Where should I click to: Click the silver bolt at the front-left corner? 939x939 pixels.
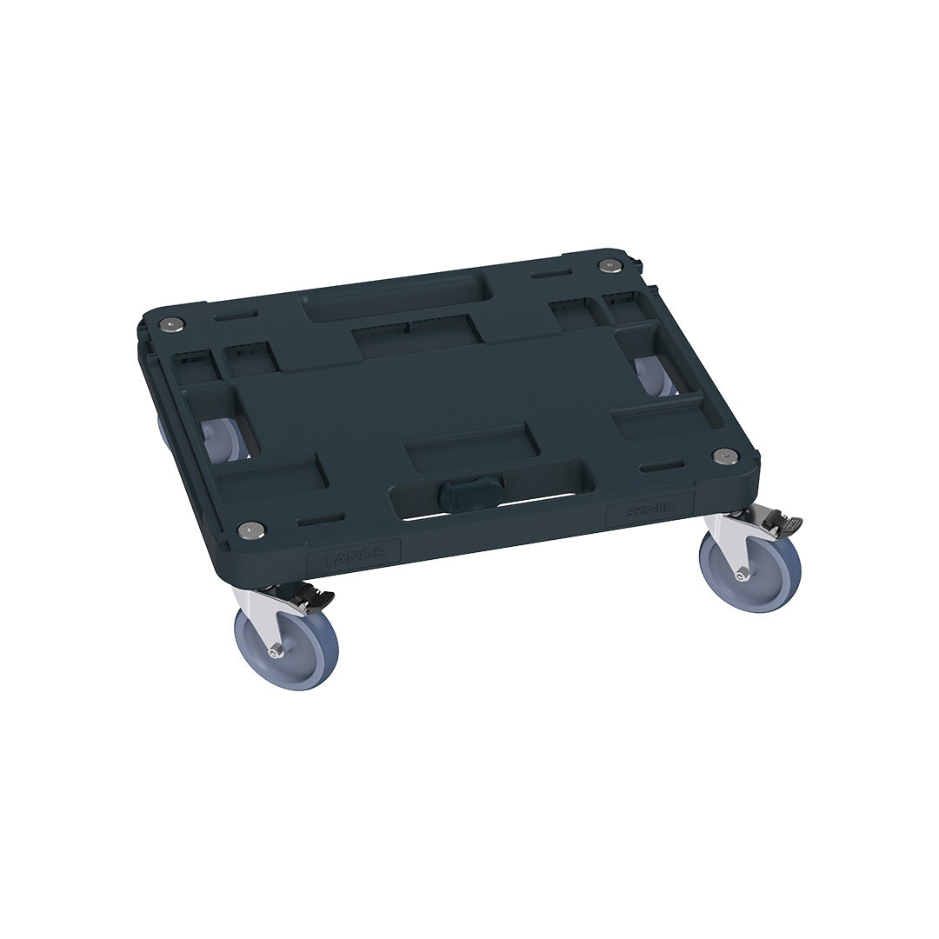250,528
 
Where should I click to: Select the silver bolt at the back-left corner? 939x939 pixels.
172,324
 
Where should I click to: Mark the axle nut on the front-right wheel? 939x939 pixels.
741,575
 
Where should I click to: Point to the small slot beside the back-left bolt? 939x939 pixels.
244,311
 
